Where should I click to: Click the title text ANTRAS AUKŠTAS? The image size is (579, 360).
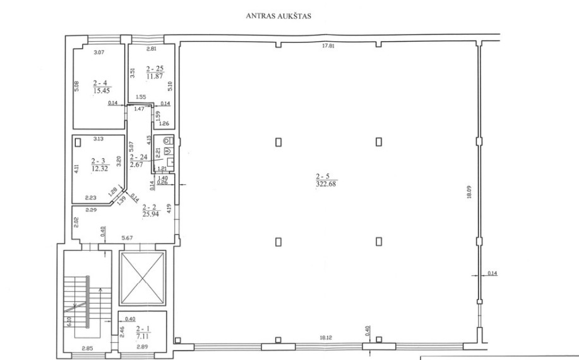tap(278, 16)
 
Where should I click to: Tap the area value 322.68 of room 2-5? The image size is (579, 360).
tap(326, 184)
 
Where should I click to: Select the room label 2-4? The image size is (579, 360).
tap(100, 83)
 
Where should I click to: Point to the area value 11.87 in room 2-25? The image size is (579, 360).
tap(155, 76)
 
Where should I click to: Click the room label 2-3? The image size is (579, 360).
tap(98, 161)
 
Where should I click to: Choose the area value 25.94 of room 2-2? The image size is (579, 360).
tap(151, 213)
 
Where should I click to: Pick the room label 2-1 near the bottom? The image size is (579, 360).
tap(143, 329)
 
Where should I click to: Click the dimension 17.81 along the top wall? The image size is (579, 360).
tap(328, 46)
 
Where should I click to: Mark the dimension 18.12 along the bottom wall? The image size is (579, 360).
tap(326, 337)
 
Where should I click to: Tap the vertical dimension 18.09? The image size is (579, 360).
tap(469, 192)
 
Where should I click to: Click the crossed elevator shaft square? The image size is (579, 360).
tap(143, 278)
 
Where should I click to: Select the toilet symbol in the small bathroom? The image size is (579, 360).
tap(169, 140)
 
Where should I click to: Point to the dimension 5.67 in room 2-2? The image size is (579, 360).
tap(127, 237)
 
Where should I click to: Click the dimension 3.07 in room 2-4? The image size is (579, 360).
tap(99, 52)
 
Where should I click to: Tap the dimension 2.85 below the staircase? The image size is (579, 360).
tap(88, 347)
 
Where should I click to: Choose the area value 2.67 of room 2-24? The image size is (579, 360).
tap(136, 165)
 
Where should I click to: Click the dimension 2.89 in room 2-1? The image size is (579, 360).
tap(142, 347)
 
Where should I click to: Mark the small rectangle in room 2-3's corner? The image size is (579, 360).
tap(78, 142)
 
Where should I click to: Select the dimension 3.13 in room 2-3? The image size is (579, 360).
tap(98, 139)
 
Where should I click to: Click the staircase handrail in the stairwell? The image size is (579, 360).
tap(88, 302)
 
